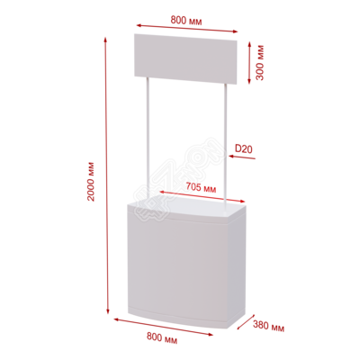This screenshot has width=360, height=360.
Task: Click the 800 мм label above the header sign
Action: coord(186,21)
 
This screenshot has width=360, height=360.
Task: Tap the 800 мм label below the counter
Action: coord(162,338)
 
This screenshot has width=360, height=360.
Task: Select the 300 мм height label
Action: coord(260,62)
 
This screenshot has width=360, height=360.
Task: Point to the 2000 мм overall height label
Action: coord(91,182)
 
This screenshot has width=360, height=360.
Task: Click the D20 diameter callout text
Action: coord(243,148)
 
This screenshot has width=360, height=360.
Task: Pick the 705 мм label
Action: coord(201,187)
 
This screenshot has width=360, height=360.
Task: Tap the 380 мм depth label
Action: coord(268,326)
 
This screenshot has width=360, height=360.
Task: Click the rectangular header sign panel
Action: coord(185,58)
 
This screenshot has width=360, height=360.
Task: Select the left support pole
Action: coord(148,139)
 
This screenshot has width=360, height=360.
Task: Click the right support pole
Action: coord(226,145)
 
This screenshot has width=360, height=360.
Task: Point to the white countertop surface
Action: coord(187,209)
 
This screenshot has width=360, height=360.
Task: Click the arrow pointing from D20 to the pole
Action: coord(242,157)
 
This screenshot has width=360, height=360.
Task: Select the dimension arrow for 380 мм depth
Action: coord(246,321)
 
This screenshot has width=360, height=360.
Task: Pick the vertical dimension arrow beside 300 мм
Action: coord(249,63)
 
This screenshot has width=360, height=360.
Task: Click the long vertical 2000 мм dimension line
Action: coord(106,175)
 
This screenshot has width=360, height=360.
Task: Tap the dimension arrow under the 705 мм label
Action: coord(202,197)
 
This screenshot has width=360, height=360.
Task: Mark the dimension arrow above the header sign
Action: coord(187,28)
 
